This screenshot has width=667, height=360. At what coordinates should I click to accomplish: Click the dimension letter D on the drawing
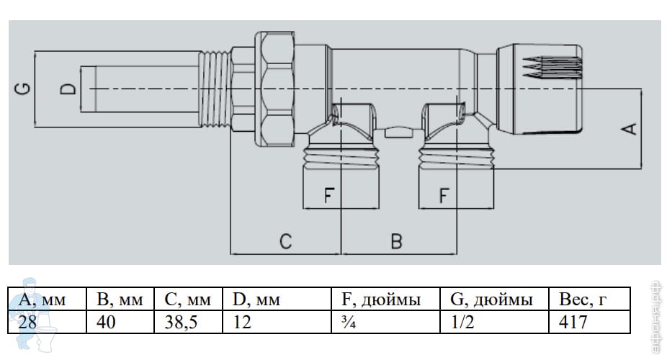(x=67, y=89)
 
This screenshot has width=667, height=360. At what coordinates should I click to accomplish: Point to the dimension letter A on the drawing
(x=629, y=129)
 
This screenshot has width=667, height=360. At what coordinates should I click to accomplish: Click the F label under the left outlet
(x=329, y=195)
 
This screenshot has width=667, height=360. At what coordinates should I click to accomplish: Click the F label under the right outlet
(x=444, y=195)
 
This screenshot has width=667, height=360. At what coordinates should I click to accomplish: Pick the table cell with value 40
(x=107, y=321)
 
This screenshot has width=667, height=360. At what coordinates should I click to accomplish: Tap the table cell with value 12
(x=242, y=321)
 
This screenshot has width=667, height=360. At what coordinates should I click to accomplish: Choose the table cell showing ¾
(x=347, y=321)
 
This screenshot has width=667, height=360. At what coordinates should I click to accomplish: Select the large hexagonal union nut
(x=277, y=88)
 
